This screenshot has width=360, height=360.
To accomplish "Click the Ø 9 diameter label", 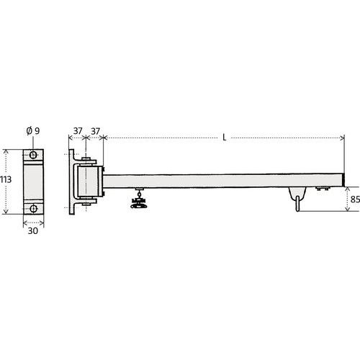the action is pos(33,131).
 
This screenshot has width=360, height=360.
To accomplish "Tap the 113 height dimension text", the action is pos(5,179).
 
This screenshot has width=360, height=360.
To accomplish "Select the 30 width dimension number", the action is pos(33,231).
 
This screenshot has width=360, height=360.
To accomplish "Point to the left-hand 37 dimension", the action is pos(78,131).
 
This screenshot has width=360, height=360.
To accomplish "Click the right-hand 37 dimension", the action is pos(95,131).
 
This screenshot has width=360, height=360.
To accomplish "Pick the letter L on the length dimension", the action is pos(225,138).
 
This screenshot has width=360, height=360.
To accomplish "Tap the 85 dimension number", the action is pos(355,199).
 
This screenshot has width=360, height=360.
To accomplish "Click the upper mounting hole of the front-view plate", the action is pos(33,155).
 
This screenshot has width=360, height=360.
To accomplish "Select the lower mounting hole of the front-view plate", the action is pos(33,209).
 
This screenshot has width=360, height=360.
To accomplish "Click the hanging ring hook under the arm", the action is pos(297,204).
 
